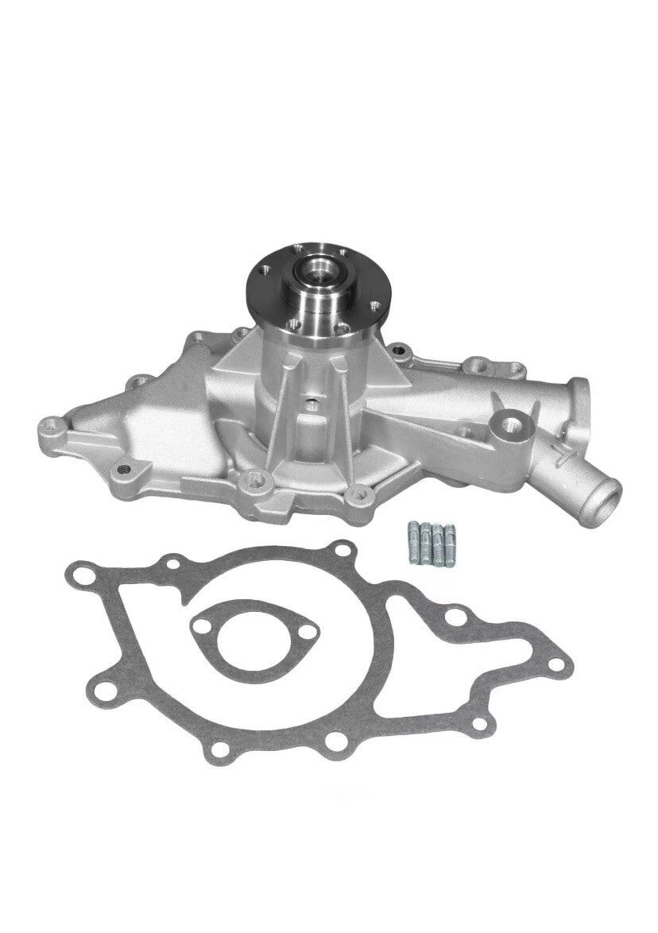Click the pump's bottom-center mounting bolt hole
pyautogui.click(x=254, y=479)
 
